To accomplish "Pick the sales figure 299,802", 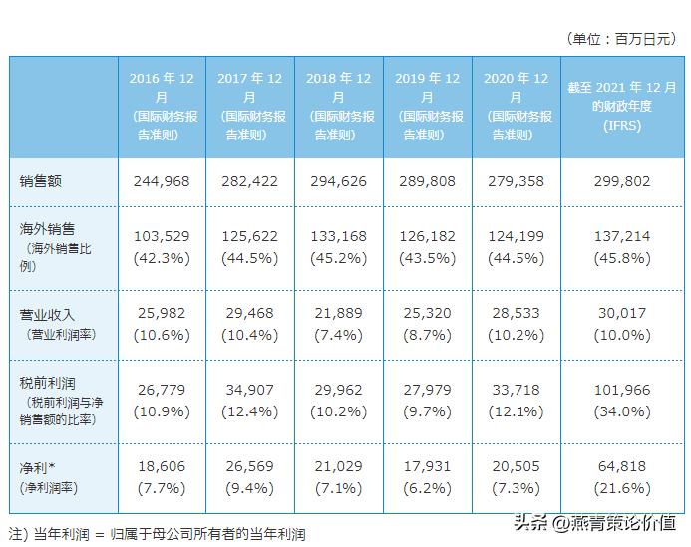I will (x=621, y=182).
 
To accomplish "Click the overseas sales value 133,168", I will (x=337, y=235).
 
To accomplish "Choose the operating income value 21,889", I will (x=337, y=313).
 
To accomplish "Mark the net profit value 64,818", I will (x=621, y=467).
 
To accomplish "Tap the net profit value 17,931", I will (x=426, y=467).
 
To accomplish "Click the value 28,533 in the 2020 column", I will (x=515, y=313).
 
